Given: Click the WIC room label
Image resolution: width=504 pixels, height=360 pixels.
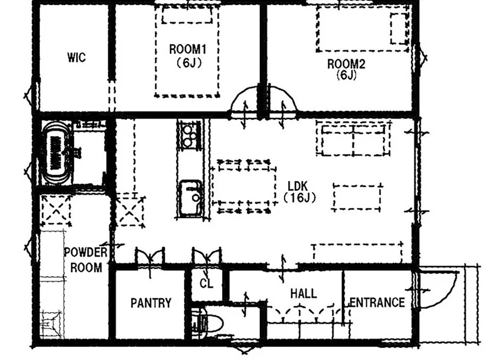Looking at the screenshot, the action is click(77, 57).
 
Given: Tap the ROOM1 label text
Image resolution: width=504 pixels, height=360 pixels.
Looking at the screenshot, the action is click(188, 49).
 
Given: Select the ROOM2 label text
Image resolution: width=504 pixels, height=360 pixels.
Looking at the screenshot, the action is click(346, 64).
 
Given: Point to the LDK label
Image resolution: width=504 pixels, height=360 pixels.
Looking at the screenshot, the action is click(298, 186).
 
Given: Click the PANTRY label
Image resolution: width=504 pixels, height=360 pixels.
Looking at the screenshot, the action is click(151, 303).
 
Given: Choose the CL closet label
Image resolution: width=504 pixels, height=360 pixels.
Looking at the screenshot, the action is click(206, 284).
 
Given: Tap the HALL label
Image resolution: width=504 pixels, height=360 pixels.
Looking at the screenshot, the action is click(304, 294).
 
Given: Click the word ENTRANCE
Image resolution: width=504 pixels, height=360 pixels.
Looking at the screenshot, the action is click(377, 303).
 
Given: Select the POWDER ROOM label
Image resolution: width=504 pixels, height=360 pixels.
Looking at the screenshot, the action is click(86, 260).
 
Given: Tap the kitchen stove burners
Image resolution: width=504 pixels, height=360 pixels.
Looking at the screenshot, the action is click(190, 136).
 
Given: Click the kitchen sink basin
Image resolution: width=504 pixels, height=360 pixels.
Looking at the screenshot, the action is click(191, 198).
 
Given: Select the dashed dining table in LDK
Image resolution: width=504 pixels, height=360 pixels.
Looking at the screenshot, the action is click(244, 187).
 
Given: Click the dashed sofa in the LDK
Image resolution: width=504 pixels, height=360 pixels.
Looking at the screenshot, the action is click(353, 139).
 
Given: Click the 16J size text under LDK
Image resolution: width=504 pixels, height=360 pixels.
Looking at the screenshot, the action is click(299, 198).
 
